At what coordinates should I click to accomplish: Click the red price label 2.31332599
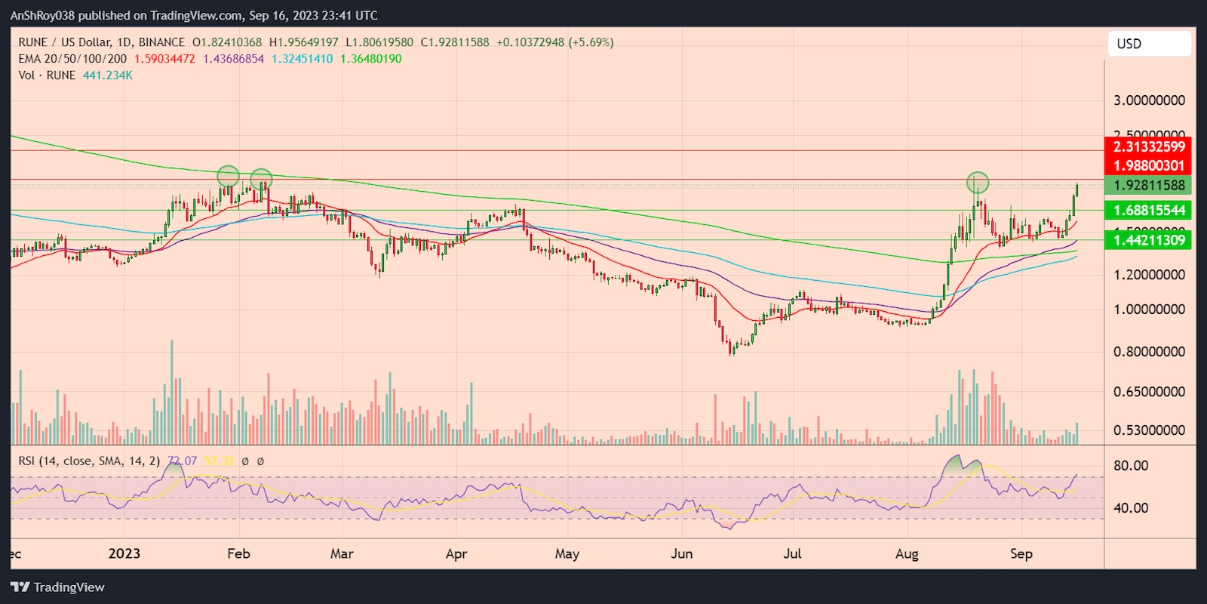tap(1148, 146)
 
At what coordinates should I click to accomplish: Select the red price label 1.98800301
tap(1148, 165)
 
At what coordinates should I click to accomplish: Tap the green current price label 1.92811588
tap(1148, 185)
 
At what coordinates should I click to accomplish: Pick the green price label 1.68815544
tap(1148, 210)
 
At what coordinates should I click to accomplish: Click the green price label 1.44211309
tap(1148, 240)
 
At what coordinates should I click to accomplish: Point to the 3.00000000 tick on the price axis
tap(1148, 100)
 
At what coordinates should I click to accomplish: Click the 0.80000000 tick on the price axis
tap(1148, 351)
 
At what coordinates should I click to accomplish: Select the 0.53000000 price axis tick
tap(1148, 430)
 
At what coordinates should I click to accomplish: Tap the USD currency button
tap(1148, 44)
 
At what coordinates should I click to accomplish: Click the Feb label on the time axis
tap(238, 553)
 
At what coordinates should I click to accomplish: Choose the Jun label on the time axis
tap(681, 553)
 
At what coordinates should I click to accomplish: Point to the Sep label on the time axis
tap(1021, 553)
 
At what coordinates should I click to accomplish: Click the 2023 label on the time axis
tap(124, 553)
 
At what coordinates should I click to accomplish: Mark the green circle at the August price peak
tap(978, 182)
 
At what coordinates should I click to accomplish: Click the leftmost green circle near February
tap(229, 177)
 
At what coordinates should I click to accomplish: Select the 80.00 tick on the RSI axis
tap(1130, 466)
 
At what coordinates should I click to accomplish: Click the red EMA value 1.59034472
tap(164, 59)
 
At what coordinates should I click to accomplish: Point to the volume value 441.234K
tap(108, 75)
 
